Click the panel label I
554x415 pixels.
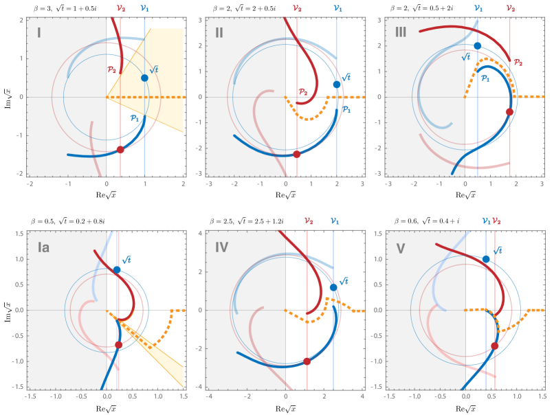39,32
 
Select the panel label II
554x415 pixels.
219,32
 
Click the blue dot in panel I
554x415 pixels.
144,78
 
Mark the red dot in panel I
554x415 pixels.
120,149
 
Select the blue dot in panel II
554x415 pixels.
336,85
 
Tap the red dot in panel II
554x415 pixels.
297,154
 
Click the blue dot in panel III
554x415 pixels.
477,46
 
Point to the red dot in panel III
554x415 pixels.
509,111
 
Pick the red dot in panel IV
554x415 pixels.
307,361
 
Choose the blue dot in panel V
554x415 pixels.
486,259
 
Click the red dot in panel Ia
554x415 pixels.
118,345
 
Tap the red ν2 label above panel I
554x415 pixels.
120,8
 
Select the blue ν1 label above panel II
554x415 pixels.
337,8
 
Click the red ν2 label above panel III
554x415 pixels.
510,8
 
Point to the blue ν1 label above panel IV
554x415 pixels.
334,221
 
